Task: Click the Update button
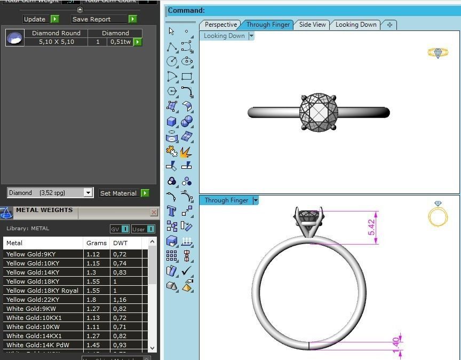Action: point(35,19)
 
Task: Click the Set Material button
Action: point(118,193)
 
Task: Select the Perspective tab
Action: point(220,25)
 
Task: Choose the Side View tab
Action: point(312,25)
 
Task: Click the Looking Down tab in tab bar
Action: point(355,25)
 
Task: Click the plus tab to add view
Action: point(390,25)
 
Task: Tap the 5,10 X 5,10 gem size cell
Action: point(56,42)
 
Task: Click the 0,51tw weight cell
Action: point(120,42)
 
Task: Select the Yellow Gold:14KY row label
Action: point(33,272)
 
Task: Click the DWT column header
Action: point(120,243)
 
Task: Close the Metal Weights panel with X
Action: point(154,213)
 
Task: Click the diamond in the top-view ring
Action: point(319,112)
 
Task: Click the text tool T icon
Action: point(171,210)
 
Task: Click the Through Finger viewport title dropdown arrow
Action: point(256,200)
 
